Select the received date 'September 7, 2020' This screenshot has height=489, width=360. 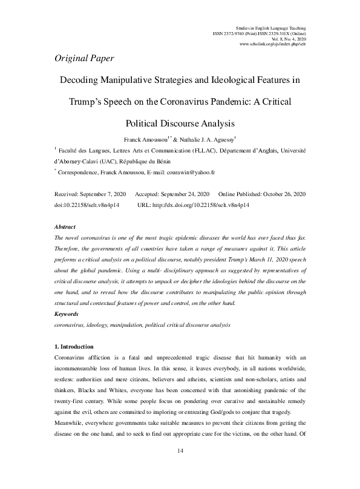pos(100,193)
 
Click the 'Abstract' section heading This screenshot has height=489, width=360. pos(65,226)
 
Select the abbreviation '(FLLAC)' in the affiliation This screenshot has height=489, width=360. pos(211,151)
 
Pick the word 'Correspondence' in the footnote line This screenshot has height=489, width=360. pos(82,172)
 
